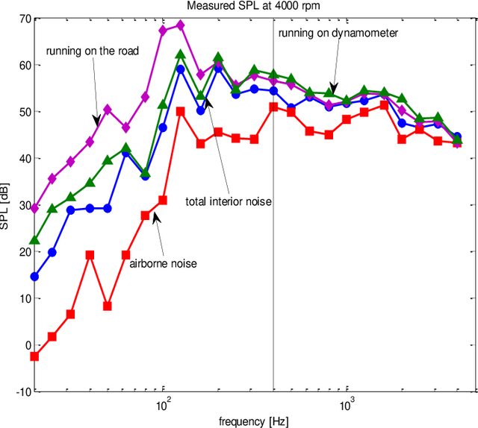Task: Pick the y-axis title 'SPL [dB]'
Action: pos(7,204)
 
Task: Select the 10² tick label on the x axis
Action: pos(163,405)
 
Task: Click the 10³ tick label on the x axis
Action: pos(347,405)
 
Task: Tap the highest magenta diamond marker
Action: pos(180,25)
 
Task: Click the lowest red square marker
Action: pos(34,356)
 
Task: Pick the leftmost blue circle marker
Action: pos(34,277)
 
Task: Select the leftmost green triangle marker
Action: pos(34,240)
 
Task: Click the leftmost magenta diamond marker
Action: pos(34,209)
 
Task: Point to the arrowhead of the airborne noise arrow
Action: pos(155,216)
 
